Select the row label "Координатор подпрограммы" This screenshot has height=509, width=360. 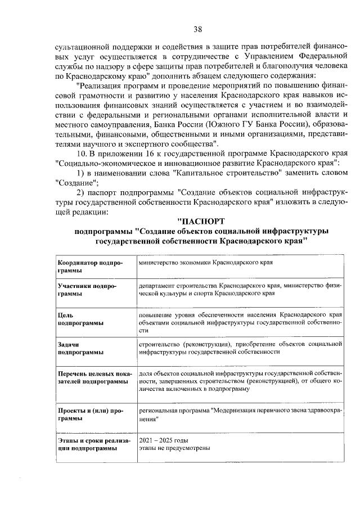(87, 267)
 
